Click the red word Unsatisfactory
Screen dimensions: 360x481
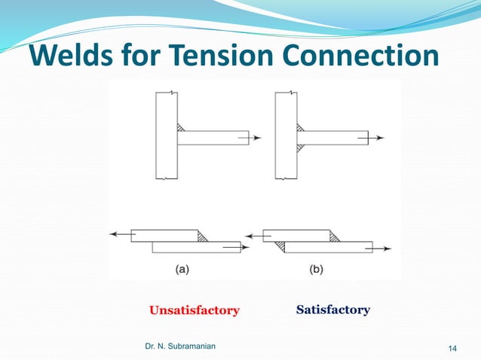coord(194,310)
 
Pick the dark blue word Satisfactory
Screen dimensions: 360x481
coord(332,310)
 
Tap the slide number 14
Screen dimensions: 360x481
coord(453,347)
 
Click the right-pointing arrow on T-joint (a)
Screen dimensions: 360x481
coord(256,138)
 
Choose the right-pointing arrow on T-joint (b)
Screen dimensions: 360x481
coord(377,138)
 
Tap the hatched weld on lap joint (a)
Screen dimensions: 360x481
coord(203,236)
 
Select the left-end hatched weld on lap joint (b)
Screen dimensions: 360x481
coord(280,246)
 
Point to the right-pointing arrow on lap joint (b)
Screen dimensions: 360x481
coord(383,247)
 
